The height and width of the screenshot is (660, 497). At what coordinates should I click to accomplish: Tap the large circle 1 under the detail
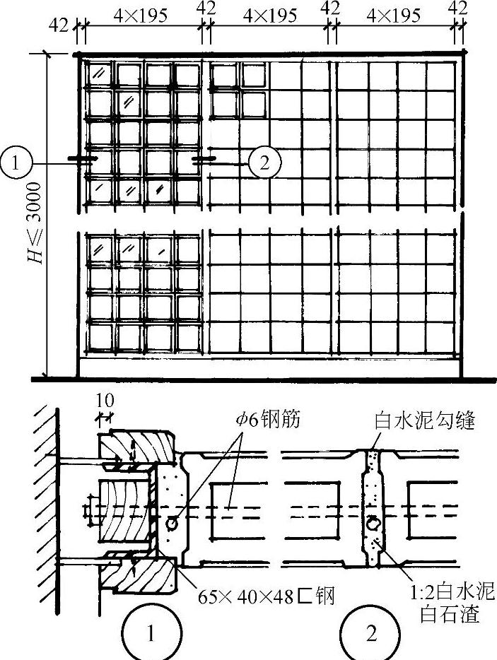coord(150,634)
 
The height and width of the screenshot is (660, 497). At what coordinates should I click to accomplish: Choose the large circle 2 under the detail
coord(371,634)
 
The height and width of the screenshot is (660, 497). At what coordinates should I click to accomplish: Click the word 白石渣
coord(452,615)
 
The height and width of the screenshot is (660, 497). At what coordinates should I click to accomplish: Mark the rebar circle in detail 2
coord(371,524)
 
